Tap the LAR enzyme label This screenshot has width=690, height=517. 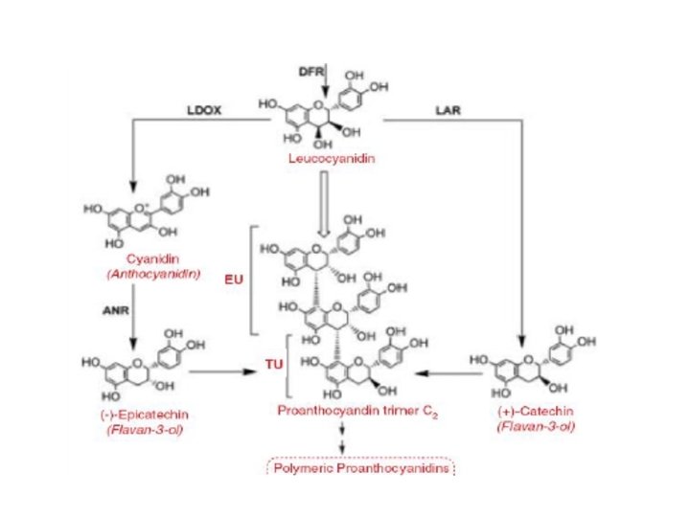pos(448,111)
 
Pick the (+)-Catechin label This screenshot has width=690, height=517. pos(535,413)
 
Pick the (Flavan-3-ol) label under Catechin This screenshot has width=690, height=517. pos(535,427)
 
